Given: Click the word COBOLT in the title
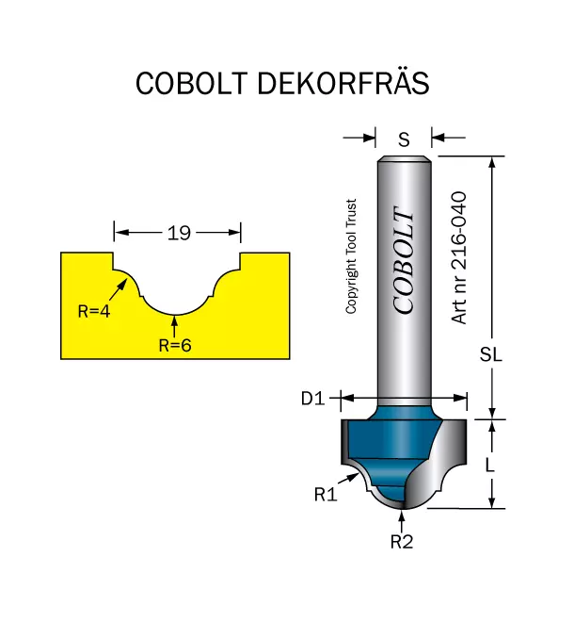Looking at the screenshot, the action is tap(192, 83).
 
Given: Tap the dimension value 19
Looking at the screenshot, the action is tap(179, 233).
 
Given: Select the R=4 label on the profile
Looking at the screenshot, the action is tap(94, 311).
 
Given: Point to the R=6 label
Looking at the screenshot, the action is tap(175, 346).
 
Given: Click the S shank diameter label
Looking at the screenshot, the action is tap(404, 139).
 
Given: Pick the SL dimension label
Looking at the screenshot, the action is tap(491, 354).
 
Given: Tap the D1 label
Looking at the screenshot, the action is tap(312, 399).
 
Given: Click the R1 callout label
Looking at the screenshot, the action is tap(326, 495).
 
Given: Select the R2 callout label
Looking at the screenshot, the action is tap(402, 542).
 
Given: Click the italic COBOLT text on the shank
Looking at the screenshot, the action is tap(404, 260).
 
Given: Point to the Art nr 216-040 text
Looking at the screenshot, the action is tap(459, 258).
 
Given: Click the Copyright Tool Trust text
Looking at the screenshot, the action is tap(351, 256).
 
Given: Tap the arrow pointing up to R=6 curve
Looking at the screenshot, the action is tap(175, 326).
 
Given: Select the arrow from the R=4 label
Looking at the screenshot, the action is tap(118, 290).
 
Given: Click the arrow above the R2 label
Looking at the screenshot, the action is tap(402, 522).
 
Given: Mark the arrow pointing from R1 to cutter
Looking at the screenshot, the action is tap(348, 479).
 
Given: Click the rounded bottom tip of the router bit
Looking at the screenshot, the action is tap(403, 507).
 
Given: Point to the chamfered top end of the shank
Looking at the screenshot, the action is tap(404, 158).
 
